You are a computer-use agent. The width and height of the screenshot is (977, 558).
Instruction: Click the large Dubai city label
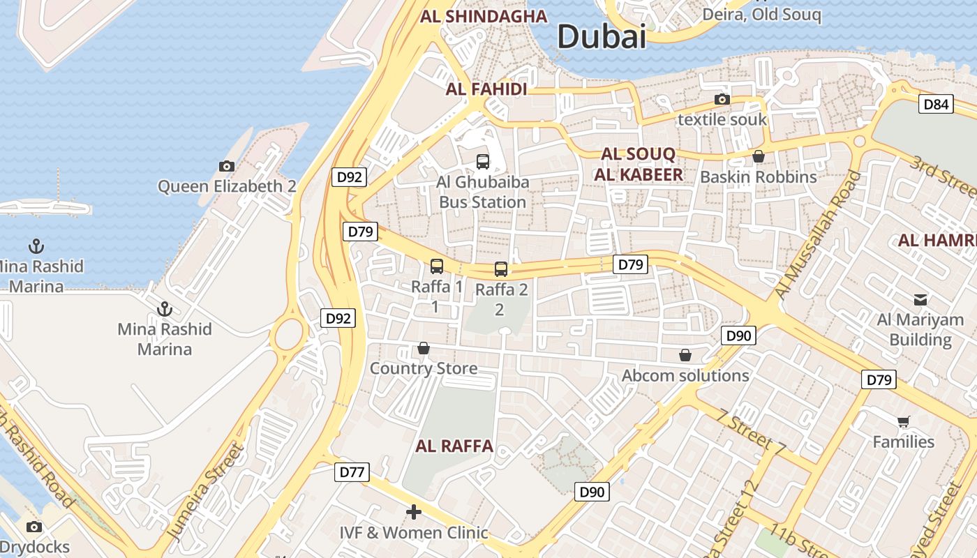pyautogui.click(x=602, y=36)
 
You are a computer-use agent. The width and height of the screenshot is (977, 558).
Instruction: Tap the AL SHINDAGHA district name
pyautogui.click(x=483, y=16)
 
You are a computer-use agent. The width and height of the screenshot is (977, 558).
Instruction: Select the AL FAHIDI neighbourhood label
pyautogui.click(x=486, y=89)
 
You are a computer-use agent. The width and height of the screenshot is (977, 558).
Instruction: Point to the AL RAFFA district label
pyautogui.click(x=454, y=446)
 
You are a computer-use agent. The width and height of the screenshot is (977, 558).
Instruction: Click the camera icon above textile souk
pyautogui.click(x=722, y=100)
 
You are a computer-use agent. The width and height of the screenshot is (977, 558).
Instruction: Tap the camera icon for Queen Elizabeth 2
pyautogui.click(x=227, y=166)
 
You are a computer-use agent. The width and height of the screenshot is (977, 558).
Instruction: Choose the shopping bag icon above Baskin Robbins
pyautogui.click(x=758, y=156)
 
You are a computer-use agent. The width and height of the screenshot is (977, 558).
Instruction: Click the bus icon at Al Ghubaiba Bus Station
pyautogui.click(x=482, y=162)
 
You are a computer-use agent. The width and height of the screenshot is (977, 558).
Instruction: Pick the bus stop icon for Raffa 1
pyautogui.click(x=436, y=266)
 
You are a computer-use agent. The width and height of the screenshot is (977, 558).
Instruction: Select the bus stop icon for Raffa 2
pyautogui.click(x=501, y=269)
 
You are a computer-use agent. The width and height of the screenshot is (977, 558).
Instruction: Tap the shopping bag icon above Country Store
pyautogui.click(x=423, y=348)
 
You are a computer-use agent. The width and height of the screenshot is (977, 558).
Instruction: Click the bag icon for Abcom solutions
pyautogui.click(x=685, y=356)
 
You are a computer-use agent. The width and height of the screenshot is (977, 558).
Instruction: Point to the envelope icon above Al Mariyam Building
pyautogui.click(x=920, y=300)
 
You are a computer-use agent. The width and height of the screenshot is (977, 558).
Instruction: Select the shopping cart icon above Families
pyautogui.click(x=904, y=421)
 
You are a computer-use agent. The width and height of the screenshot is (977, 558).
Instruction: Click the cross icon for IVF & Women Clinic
pyautogui.click(x=414, y=513)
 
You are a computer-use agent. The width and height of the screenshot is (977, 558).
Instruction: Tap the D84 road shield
pyautogui.click(x=935, y=105)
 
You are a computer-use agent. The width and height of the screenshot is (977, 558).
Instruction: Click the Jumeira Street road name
pyautogui.click(x=207, y=492)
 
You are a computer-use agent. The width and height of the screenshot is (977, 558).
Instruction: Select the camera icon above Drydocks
pyautogui.click(x=33, y=527)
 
